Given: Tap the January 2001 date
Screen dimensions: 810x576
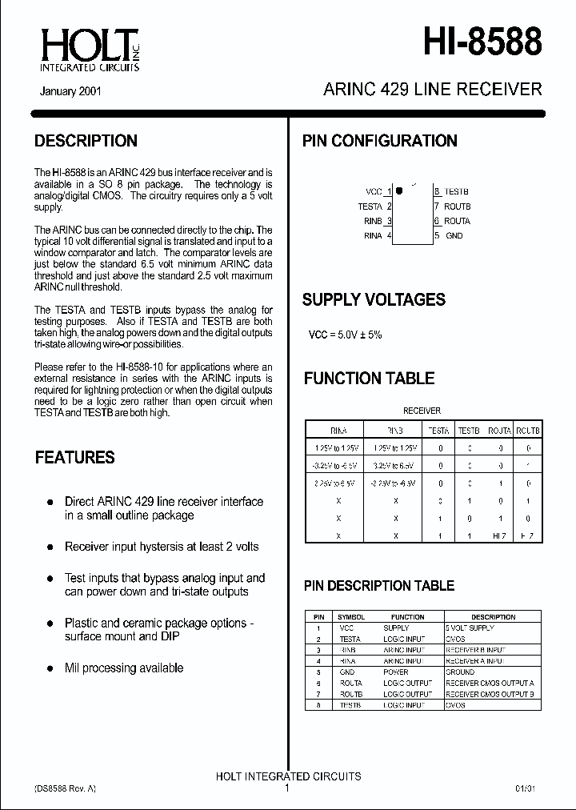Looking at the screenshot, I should [x=70, y=91].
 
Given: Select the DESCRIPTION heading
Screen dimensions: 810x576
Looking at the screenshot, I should [x=86, y=141].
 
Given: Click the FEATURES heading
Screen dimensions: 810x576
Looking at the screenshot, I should [x=75, y=458].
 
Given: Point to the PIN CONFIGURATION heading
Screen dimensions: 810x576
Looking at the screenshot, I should [x=379, y=141].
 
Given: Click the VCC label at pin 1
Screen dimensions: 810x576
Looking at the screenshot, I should [x=374, y=192].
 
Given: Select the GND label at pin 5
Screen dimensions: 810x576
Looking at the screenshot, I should [x=454, y=235].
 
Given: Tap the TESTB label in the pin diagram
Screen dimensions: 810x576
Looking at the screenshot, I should [x=457, y=192].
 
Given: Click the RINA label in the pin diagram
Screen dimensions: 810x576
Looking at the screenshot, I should [x=373, y=235].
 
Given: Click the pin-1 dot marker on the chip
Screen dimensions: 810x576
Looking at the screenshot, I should [x=399, y=192].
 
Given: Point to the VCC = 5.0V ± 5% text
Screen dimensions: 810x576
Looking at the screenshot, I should [x=346, y=335].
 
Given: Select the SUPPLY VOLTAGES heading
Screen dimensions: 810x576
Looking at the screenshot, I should [x=374, y=300].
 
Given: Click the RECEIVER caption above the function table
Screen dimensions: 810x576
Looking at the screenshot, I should [x=422, y=411].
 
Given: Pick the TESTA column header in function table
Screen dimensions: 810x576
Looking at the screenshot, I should [x=439, y=430].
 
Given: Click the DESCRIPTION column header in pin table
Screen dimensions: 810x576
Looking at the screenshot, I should [x=493, y=617].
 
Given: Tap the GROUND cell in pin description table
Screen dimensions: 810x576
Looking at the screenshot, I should [x=460, y=672].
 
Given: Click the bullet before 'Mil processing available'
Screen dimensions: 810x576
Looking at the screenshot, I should [x=48, y=668].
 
